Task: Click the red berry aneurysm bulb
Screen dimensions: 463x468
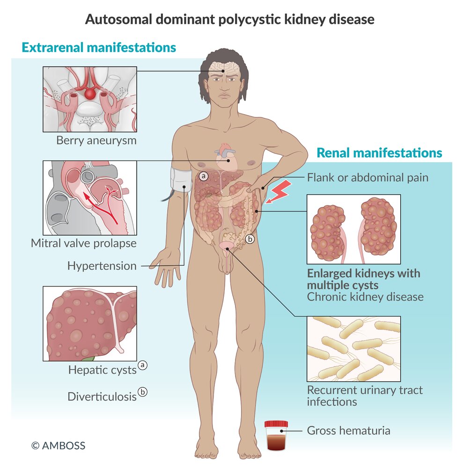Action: (90, 94)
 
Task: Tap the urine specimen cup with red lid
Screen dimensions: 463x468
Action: (276, 435)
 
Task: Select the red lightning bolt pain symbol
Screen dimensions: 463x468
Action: (279, 191)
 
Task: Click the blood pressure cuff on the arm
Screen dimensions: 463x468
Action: (181, 180)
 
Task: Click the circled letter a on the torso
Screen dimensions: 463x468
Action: (204, 176)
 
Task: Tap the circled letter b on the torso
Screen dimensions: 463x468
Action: (250, 239)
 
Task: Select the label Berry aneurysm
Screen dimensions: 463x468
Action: (96, 140)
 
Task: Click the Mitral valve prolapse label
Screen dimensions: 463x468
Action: (84, 243)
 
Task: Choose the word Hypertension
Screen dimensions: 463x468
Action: (102, 266)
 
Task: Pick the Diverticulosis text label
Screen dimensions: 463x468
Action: (102, 397)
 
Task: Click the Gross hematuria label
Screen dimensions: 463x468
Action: (348, 431)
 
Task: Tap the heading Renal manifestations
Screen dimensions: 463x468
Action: (379, 153)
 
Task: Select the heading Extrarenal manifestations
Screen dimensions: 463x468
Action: (99, 47)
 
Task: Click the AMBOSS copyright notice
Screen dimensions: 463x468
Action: (58, 446)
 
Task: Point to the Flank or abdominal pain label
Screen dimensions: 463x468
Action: (368, 177)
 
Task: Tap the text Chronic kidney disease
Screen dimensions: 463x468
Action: (365, 297)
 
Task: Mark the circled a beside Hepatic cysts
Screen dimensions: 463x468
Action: (142, 365)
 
